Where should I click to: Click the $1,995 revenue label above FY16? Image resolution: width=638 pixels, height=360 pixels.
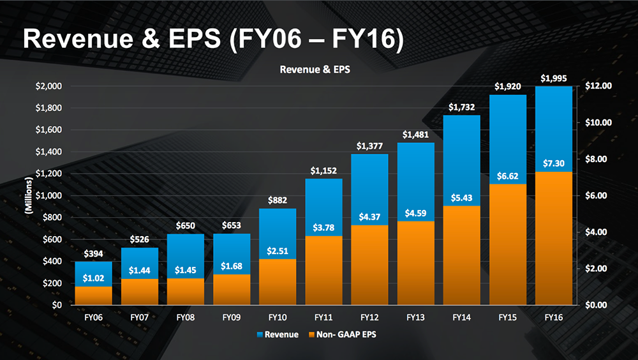[553, 79]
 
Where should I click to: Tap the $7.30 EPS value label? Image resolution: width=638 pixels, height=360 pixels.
[553, 163]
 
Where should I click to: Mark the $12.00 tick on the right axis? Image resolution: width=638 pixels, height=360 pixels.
[598, 86]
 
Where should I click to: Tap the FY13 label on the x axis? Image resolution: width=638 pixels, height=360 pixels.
[415, 317]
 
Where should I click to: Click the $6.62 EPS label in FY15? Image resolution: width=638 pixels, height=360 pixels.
[507, 176]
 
